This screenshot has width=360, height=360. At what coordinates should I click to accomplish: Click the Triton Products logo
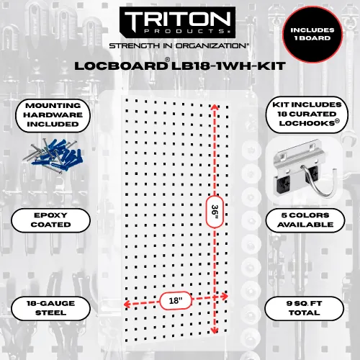pyautogui.click(x=177, y=22)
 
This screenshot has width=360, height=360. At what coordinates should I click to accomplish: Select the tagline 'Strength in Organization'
pyautogui.click(x=179, y=45)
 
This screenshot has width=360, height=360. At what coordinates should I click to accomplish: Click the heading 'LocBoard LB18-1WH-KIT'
pyautogui.click(x=180, y=65)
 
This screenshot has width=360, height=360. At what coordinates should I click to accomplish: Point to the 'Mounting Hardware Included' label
pyautogui.click(x=53, y=115)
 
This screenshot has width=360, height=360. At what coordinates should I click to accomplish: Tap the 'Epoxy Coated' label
pyautogui.click(x=50, y=220)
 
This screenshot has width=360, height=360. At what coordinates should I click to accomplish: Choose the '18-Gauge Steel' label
pyautogui.click(x=50, y=308)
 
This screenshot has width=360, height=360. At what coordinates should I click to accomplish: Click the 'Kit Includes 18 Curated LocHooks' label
pyautogui.click(x=307, y=114)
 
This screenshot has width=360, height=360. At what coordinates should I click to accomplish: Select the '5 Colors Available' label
pyautogui.click(x=305, y=220)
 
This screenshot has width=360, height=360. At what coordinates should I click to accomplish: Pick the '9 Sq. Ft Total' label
pyautogui.click(x=305, y=308)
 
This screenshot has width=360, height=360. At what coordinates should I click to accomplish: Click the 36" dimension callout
pyautogui.click(x=215, y=212)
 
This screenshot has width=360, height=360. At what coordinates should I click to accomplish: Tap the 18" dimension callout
pyautogui.click(x=176, y=300)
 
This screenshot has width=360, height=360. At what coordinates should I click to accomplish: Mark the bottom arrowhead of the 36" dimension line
pyautogui.click(x=215, y=331)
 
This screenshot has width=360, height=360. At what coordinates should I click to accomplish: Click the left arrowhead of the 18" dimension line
pyautogui.click(x=127, y=305)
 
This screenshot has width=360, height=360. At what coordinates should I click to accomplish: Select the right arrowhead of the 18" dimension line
pyautogui.click(x=225, y=297)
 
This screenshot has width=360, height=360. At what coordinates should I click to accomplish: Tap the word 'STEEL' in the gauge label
pyautogui.click(x=50, y=312)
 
